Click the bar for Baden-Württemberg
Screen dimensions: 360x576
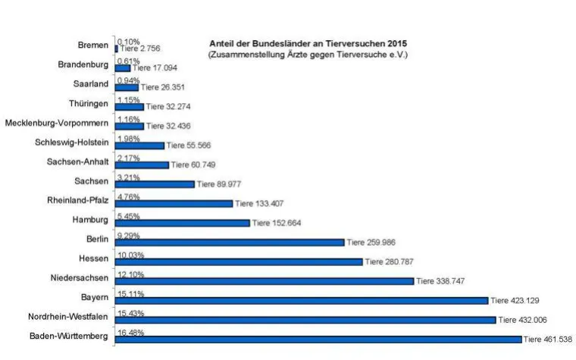point(318,339)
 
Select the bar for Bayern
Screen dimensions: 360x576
point(302,300)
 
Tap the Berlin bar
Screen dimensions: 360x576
point(230,243)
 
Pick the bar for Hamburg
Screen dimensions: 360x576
point(183,223)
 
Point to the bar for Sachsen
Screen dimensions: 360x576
point(155,184)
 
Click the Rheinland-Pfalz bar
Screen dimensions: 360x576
point(174,203)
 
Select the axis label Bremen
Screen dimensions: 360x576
point(92,45)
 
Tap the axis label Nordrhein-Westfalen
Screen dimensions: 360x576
point(62,317)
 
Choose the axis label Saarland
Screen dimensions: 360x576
point(91,84)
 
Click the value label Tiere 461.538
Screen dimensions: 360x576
point(549,340)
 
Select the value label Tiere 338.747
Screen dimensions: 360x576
point(440,281)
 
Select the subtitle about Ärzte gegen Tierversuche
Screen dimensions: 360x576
point(308,55)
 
